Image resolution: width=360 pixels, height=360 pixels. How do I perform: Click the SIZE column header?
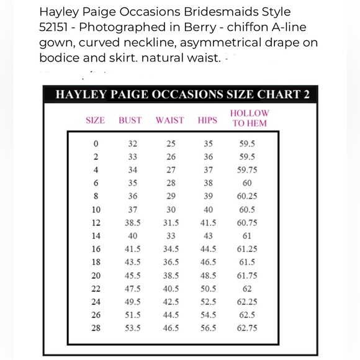95,120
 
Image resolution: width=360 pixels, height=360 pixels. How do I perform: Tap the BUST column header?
130,120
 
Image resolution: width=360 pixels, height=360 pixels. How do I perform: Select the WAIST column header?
170,120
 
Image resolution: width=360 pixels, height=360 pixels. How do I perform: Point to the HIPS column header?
207,120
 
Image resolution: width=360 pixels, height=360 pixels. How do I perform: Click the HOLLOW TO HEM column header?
250,118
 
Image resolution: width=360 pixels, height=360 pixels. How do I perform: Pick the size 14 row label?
95,236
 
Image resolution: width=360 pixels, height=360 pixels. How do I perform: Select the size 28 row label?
95,328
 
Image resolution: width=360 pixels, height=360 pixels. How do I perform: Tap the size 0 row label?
95,143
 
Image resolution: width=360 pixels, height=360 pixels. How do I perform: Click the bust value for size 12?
133,223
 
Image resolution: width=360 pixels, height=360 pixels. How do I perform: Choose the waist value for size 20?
171,276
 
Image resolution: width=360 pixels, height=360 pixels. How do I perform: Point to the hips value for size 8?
209,196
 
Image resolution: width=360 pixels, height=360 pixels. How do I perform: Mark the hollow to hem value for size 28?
248,328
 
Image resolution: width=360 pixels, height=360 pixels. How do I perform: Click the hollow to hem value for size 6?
248,183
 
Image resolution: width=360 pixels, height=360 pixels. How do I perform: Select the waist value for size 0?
171,143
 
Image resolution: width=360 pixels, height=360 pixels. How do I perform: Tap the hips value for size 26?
209,315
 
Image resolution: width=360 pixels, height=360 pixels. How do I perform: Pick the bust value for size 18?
133,263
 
